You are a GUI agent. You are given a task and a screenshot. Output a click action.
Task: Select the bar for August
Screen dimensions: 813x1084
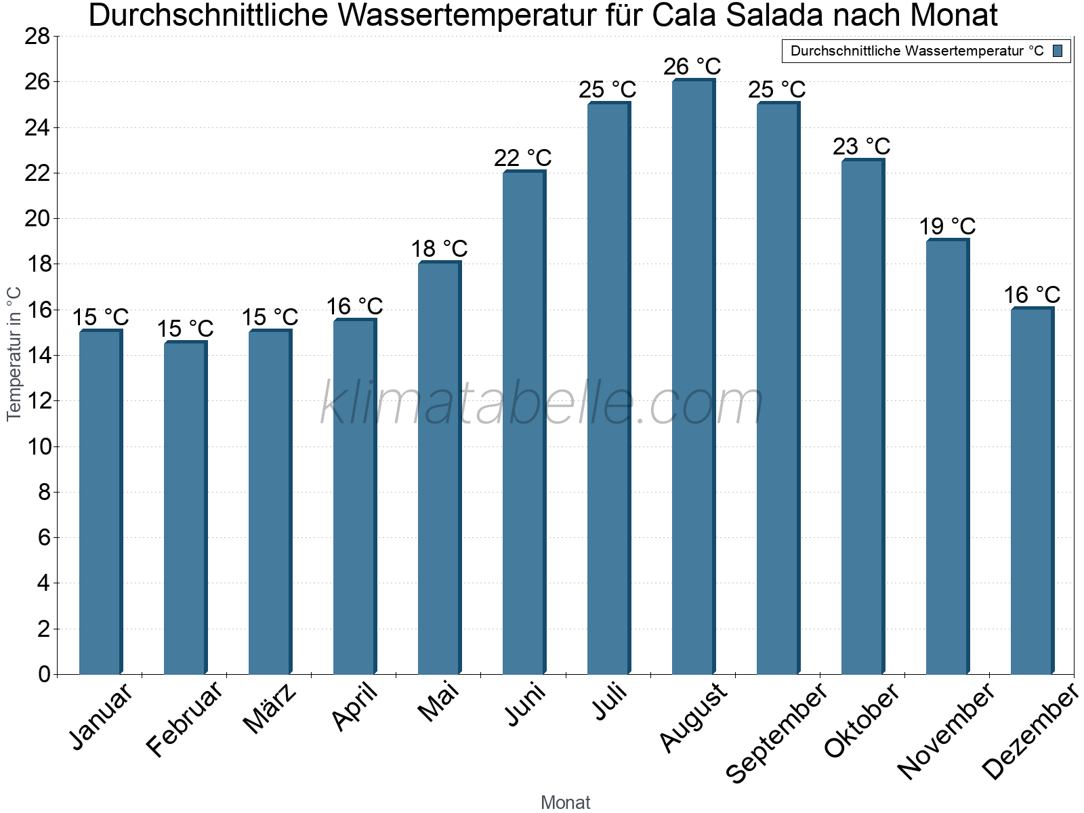point(692,377)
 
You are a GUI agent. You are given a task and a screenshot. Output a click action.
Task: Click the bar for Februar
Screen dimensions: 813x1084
point(184,508)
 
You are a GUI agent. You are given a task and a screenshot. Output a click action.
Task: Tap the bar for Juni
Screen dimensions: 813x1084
point(523,423)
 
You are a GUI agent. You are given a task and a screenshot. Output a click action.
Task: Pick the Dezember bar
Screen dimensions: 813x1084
point(1031,491)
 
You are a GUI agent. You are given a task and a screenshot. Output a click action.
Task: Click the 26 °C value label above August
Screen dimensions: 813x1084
point(692,67)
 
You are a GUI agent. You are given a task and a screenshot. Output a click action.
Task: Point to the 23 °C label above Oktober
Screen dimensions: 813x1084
point(862,146)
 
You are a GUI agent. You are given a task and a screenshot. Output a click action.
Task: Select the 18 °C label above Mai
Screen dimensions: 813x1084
point(439,249)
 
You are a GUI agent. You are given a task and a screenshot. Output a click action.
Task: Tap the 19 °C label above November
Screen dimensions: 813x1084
point(947,226)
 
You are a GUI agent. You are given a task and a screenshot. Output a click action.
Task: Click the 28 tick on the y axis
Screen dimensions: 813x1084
point(37,37)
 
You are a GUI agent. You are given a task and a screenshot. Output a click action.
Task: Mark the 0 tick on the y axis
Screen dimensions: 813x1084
point(44,674)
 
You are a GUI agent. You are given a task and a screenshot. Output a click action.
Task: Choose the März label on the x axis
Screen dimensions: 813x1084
point(270,709)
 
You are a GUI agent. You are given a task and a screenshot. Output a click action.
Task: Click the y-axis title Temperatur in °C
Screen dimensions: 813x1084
point(14,354)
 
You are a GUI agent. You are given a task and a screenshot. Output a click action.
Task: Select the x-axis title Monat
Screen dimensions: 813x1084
point(565,802)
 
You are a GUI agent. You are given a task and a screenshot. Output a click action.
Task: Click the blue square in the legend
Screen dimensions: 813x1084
point(1058,51)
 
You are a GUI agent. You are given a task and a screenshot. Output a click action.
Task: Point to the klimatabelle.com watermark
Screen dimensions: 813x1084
point(542,404)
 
